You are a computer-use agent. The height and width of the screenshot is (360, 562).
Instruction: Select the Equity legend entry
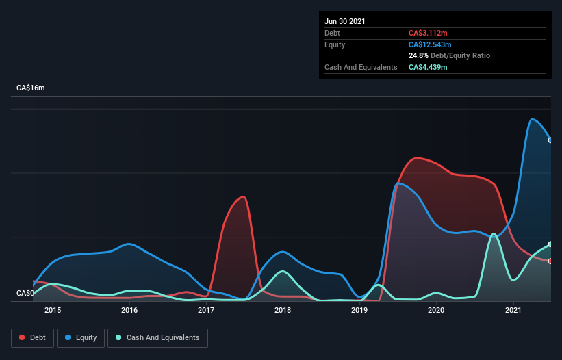point(81,337)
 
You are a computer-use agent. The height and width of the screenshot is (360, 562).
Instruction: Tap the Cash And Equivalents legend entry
point(157,337)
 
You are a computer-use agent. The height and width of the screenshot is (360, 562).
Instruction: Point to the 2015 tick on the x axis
point(53,311)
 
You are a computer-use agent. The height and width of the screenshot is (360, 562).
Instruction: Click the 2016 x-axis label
point(129,311)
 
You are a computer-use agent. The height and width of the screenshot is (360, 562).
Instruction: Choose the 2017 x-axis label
point(206,311)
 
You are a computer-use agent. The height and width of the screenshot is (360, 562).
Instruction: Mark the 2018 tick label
point(283,311)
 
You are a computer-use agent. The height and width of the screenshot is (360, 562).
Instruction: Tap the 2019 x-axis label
point(360,311)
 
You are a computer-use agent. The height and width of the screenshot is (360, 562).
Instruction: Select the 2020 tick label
point(437,311)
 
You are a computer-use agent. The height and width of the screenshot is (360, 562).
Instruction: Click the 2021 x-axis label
point(513,311)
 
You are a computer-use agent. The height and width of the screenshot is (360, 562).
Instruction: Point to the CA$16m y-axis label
point(31,88)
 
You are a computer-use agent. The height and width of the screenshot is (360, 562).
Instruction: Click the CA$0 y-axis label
point(25,293)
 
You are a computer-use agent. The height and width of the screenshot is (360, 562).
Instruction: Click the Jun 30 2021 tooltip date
point(345,21)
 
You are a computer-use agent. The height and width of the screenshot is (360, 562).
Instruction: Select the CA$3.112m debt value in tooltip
point(428,33)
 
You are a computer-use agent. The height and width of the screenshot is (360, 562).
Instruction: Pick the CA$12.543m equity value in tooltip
point(430,44)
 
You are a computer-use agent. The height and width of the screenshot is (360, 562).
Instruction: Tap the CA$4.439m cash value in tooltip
point(428,67)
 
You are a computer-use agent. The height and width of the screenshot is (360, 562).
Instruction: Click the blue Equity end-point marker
point(550,140)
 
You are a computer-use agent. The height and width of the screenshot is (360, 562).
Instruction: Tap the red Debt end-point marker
point(550,261)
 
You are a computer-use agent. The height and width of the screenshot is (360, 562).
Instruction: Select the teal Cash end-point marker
point(550,244)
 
